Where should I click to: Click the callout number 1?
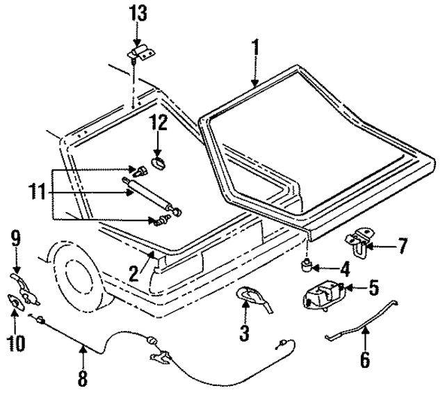(x=255, y=48)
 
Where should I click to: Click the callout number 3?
(x=244, y=333)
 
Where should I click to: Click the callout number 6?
(x=365, y=360)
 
